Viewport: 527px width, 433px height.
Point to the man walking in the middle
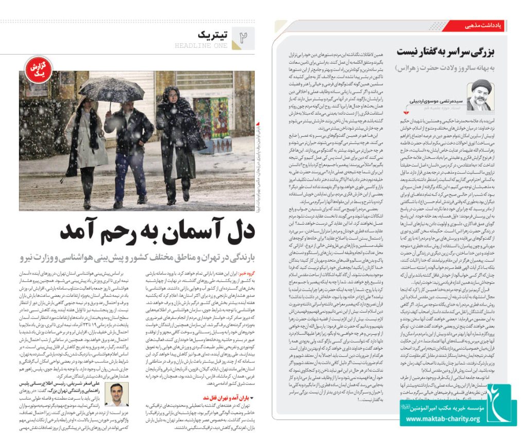point(129,144)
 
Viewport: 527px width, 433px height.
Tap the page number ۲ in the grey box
point(243,37)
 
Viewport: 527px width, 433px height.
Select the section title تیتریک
point(212,34)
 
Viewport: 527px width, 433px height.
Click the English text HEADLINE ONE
point(201,46)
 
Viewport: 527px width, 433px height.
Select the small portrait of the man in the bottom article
point(116,394)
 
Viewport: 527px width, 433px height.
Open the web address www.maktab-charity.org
point(442,419)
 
